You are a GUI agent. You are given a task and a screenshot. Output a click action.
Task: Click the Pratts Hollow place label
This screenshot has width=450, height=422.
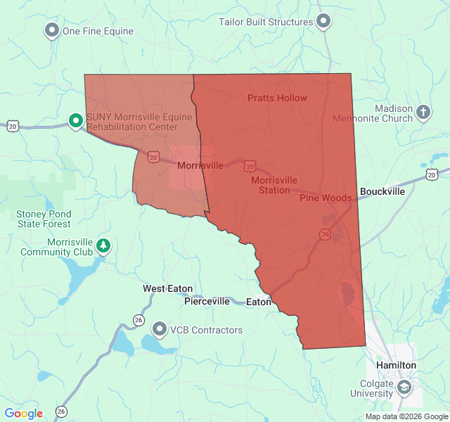click(x=277, y=98)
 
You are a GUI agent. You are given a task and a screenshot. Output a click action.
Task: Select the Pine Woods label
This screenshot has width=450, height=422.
click(x=325, y=198)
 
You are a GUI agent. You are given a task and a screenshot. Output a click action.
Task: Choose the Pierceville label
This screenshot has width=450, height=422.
click(x=207, y=301)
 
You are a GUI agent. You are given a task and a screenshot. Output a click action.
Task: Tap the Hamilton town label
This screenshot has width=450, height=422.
click(x=396, y=366)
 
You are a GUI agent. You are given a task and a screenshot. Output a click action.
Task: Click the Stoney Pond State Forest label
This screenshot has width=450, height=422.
click(x=44, y=219)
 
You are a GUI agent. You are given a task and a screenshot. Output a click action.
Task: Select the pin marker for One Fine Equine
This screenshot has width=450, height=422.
click(x=51, y=30)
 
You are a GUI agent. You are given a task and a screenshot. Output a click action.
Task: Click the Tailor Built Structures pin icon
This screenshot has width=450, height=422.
click(x=323, y=22)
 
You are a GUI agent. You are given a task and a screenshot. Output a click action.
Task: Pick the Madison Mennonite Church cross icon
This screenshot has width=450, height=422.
click(x=423, y=112)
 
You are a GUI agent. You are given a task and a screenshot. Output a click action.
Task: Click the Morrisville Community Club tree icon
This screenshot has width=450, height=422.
click(x=104, y=245)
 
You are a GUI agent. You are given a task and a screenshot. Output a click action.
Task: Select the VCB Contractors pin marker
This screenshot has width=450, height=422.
click(x=160, y=329)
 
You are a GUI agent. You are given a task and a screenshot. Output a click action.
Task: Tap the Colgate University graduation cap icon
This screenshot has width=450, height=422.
click(x=404, y=387)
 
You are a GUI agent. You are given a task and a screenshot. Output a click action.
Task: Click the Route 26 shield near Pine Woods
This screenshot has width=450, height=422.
click(x=325, y=234)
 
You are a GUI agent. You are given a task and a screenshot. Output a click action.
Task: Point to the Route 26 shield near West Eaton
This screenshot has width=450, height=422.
click(x=138, y=320)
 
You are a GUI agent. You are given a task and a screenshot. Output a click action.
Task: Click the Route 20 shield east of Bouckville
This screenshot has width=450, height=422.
click(x=432, y=173)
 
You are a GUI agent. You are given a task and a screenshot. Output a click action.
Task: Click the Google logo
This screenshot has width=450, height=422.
click(x=23, y=414)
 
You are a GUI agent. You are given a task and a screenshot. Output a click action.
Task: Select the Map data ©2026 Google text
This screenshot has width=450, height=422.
click(x=405, y=416)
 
